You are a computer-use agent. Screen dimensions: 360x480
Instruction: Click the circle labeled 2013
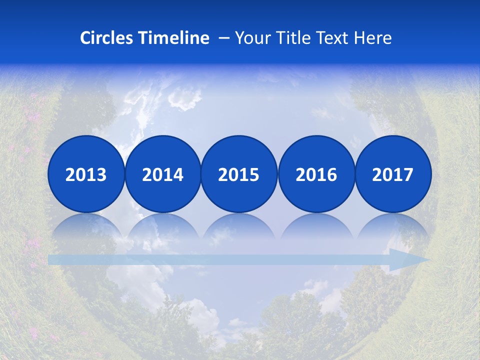(86, 174)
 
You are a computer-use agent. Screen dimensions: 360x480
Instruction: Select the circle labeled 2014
(163, 174)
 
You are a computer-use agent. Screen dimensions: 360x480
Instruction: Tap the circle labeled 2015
(239, 174)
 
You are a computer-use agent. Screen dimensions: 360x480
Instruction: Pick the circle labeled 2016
(316, 174)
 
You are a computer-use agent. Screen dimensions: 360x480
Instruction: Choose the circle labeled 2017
(393, 174)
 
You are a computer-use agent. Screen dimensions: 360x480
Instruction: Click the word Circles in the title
(107, 38)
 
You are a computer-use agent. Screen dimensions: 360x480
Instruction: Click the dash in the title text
(224, 38)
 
